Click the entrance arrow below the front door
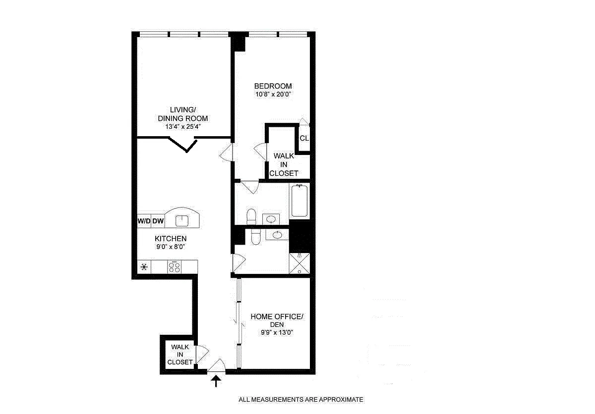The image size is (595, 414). (x=216, y=381)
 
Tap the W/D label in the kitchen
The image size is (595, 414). (x=144, y=221)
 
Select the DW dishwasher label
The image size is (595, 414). (x=158, y=221)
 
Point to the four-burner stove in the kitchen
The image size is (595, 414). (x=175, y=267)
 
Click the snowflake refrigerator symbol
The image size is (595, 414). (x=144, y=267)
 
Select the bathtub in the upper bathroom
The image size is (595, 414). (x=299, y=201)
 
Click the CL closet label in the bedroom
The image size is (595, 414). (x=304, y=138)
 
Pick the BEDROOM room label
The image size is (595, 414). (x=273, y=86)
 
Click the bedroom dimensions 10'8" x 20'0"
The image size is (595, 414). (x=273, y=95)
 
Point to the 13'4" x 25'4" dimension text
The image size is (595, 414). (x=182, y=127)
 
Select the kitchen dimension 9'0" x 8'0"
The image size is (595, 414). (x=170, y=247)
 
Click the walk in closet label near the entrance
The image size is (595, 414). (x=179, y=355)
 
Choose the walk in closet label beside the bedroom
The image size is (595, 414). (x=284, y=164)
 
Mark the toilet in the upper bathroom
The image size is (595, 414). (x=251, y=216)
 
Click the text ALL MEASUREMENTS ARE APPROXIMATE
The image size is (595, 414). (x=301, y=399)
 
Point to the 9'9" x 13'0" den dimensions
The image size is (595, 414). (x=277, y=333)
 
